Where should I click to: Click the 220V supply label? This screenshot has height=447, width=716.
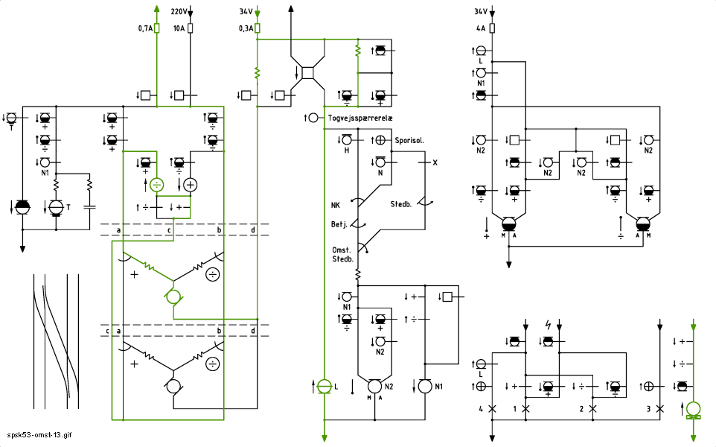tap(179, 11)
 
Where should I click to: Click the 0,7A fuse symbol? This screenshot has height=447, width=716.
tap(156, 28)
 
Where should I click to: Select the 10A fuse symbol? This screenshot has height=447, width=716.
tap(191, 28)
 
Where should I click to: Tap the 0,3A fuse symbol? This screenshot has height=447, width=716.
tap(257, 28)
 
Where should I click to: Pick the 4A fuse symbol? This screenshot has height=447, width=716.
tap(492, 28)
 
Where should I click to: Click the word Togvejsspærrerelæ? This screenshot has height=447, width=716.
tap(360, 118)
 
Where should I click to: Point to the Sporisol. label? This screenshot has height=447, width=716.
tap(409, 140)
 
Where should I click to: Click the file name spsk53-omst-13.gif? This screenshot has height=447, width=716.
tap(39, 435)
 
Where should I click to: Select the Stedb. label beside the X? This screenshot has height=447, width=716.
tap(400, 204)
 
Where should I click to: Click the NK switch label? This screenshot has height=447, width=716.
tap(336, 205)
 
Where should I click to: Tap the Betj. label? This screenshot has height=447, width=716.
tap(339, 224)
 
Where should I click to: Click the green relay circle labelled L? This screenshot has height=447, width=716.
tap(325, 386)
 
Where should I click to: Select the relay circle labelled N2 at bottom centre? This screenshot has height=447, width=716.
tap(374, 386)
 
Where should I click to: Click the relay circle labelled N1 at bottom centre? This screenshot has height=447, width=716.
tap(425, 386)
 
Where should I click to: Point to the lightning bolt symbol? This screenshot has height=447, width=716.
tap(548, 325)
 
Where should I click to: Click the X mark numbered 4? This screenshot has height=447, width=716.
tap(492, 408)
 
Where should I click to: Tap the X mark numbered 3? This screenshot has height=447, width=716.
tap(660, 408)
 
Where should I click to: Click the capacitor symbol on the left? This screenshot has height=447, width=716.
tap(90, 207)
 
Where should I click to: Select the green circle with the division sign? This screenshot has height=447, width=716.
tap(156, 185)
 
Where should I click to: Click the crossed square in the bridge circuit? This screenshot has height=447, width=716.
tap(308, 73)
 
